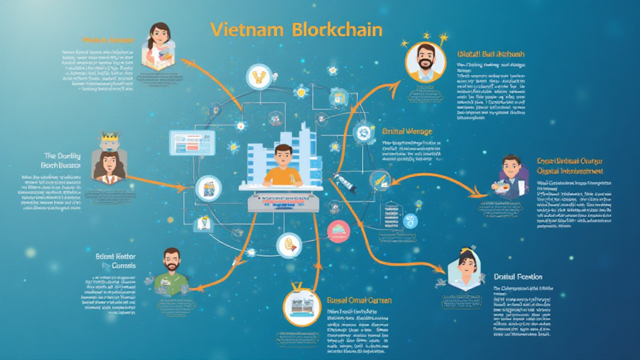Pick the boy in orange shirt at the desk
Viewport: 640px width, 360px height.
pyautogui.click(x=282, y=166)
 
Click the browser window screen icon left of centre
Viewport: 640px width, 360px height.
pyautogui.click(x=192, y=143)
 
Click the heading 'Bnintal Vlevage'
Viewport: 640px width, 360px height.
pyautogui.click(x=407, y=132)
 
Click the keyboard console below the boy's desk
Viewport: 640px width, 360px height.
pyautogui.click(x=282, y=202)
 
